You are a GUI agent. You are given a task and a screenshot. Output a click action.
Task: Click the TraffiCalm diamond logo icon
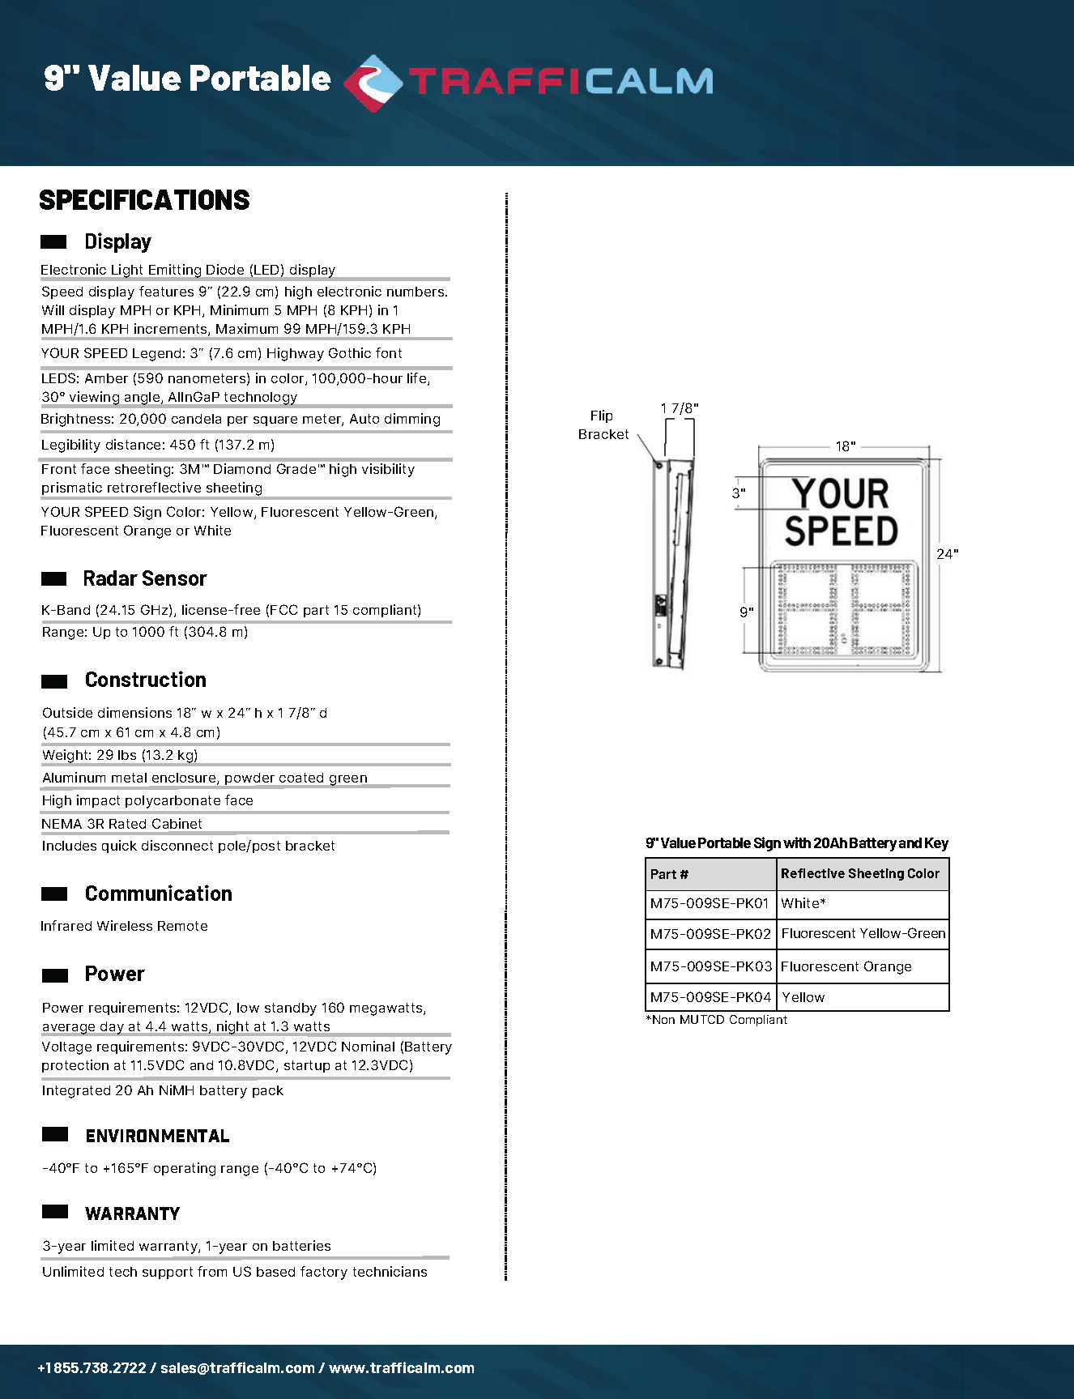pyautogui.click(x=373, y=82)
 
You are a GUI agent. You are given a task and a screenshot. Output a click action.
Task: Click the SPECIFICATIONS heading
pyautogui.click(x=144, y=200)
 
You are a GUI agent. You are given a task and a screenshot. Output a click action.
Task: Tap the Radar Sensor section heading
pyautogui.click(x=145, y=578)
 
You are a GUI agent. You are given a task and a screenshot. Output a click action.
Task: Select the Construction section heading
pyautogui.click(x=146, y=680)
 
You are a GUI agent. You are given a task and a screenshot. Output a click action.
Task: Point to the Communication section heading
pyautogui.click(x=159, y=894)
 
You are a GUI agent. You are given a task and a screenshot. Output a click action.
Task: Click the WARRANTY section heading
pyautogui.click(x=133, y=1213)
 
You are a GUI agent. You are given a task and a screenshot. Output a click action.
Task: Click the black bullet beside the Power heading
pyautogui.click(x=54, y=975)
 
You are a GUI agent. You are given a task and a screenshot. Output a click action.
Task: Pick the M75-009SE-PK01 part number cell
pyautogui.click(x=710, y=903)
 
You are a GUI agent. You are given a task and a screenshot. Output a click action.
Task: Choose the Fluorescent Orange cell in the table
pyautogui.click(x=846, y=966)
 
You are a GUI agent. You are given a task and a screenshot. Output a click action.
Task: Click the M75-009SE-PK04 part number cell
pyautogui.click(x=710, y=997)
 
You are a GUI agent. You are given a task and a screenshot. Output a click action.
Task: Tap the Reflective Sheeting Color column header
pyautogui.click(x=860, y=873)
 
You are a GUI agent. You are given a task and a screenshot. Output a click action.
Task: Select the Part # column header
pyautogui.click(x=669, y=874)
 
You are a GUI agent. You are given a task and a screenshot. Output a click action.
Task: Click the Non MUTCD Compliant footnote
pyautogui.click(x=717, y=1020)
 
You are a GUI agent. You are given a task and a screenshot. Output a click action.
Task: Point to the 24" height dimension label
pyautogui.click(x=947, y=554)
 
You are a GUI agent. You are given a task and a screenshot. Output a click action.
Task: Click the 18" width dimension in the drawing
pyautogui.click(x=845, y=446)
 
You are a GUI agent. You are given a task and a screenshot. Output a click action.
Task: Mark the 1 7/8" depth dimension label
pyautogui.click(x=679, y=408)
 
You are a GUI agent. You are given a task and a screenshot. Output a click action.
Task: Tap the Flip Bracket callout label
pyautogui.click(x=603, y=425)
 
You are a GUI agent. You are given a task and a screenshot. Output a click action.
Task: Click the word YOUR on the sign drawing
pyautogui.click(x=841, y=493)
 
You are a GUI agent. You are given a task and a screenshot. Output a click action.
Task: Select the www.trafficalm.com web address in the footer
pyautogui.click(x=402, y=1368)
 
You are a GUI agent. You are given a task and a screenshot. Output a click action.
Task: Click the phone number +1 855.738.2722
pyautogui.click(x=92, y=1368)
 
